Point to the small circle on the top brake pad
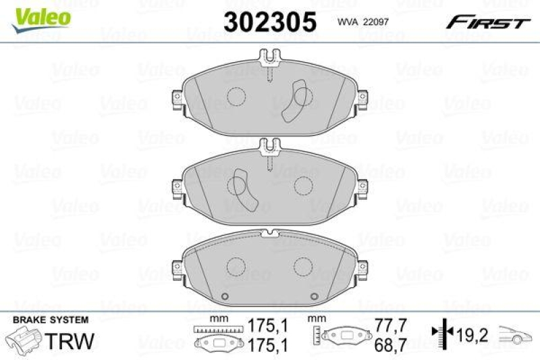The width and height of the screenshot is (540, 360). tap(236, 97)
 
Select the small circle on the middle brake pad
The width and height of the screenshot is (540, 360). tap(303, 184)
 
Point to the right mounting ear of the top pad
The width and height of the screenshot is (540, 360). tap(362, 99)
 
